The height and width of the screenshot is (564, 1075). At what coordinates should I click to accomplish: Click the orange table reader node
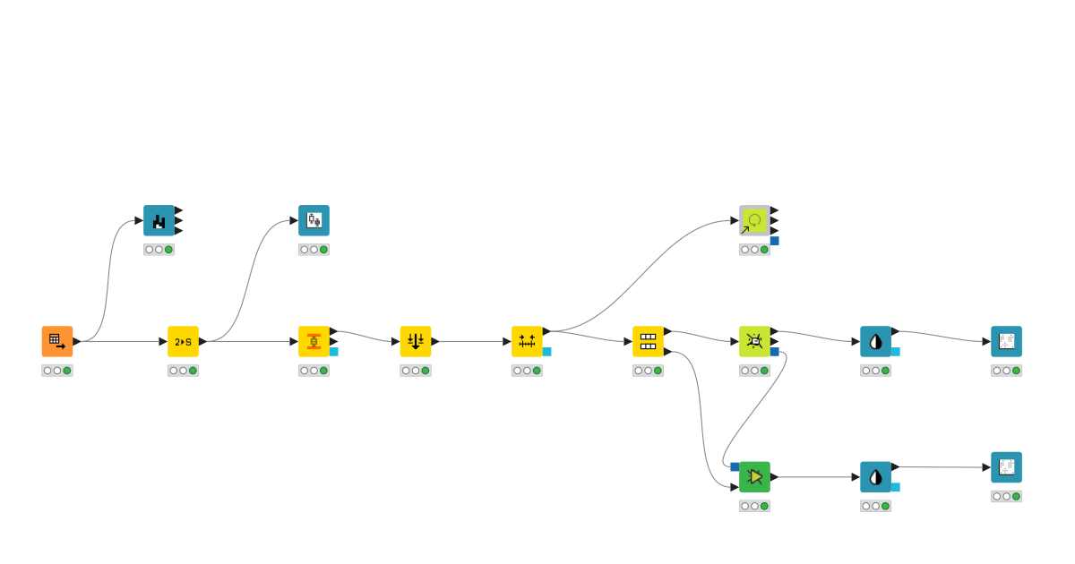[x=56, y=341]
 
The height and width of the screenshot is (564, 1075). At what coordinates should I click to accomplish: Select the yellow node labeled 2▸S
[x=183, y=341]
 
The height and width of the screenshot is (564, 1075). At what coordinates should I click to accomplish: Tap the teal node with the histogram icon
[x=159, y=220]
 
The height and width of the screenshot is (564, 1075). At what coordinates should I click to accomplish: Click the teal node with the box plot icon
[x=314, y=220]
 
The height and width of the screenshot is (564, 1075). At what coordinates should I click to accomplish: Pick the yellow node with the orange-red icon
[x=314, y=341]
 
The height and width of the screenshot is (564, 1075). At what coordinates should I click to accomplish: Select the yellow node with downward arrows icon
[x=416, y=341]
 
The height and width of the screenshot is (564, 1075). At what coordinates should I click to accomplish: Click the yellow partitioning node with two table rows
[x=648, y=341]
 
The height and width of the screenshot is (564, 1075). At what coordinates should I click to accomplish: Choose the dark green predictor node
[x=754, y=476]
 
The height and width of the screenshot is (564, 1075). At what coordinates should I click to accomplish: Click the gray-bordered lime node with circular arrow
[x=754, y=220]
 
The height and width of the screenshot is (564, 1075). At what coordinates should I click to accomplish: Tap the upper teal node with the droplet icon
[x=875, y=341]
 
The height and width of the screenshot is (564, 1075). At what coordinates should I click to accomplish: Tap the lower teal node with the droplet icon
[x=875, y=476]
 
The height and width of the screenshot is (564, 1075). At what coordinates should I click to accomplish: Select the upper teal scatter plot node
[x=1006, y=341]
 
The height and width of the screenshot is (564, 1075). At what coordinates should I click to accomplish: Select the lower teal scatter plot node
[x=1006, y=467]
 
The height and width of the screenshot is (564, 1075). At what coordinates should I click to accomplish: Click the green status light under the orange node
[x=67, y=371]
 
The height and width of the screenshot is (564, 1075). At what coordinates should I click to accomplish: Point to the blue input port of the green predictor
[x=735, y=466]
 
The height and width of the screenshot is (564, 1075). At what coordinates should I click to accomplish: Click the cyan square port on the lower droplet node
[x=895, y=487]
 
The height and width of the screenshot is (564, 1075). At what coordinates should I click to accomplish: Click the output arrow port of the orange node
[x=77, y=341]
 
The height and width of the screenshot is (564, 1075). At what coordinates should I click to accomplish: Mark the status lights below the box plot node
[x=314, y=250]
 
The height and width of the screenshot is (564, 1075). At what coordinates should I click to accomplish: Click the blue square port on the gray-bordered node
[x=774, y=241]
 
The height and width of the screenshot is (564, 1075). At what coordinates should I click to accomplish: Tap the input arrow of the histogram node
[x=139, y=220]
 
